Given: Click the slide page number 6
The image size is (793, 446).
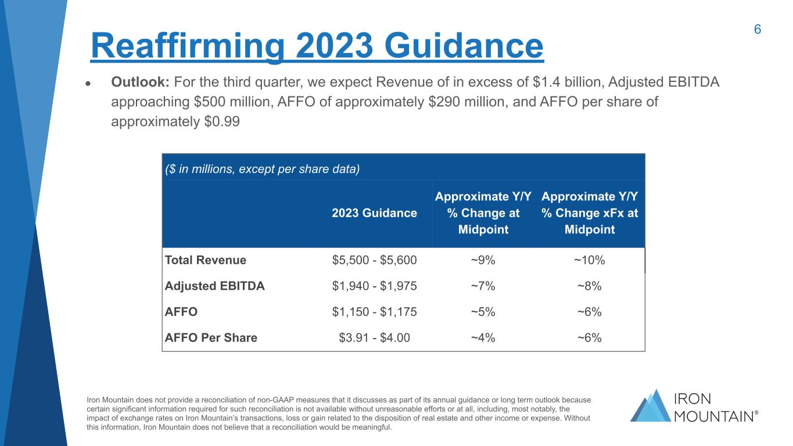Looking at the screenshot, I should (x=758, y=30).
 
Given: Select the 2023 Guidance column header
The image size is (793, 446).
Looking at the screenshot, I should (x=374, y=213).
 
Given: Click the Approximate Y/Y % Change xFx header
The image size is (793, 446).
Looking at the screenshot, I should (x=589, y=213).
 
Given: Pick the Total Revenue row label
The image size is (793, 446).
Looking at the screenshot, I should (x=206, y=260).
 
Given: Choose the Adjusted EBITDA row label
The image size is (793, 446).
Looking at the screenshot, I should (x=215, y=286).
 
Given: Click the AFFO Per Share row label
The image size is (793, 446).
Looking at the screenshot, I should (x=211, y=337).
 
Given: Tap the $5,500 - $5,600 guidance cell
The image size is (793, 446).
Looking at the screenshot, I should (x=374, y=260).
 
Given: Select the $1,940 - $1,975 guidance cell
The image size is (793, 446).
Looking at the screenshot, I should (x=374, y=286).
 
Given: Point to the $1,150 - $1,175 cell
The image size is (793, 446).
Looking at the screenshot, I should (x=374, y=312).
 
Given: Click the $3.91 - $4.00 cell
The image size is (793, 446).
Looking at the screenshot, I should (x=374, y=337).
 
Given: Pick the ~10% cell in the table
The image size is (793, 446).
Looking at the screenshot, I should (x=589, y=260).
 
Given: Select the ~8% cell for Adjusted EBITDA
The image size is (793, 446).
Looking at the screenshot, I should (x=589, y=286).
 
